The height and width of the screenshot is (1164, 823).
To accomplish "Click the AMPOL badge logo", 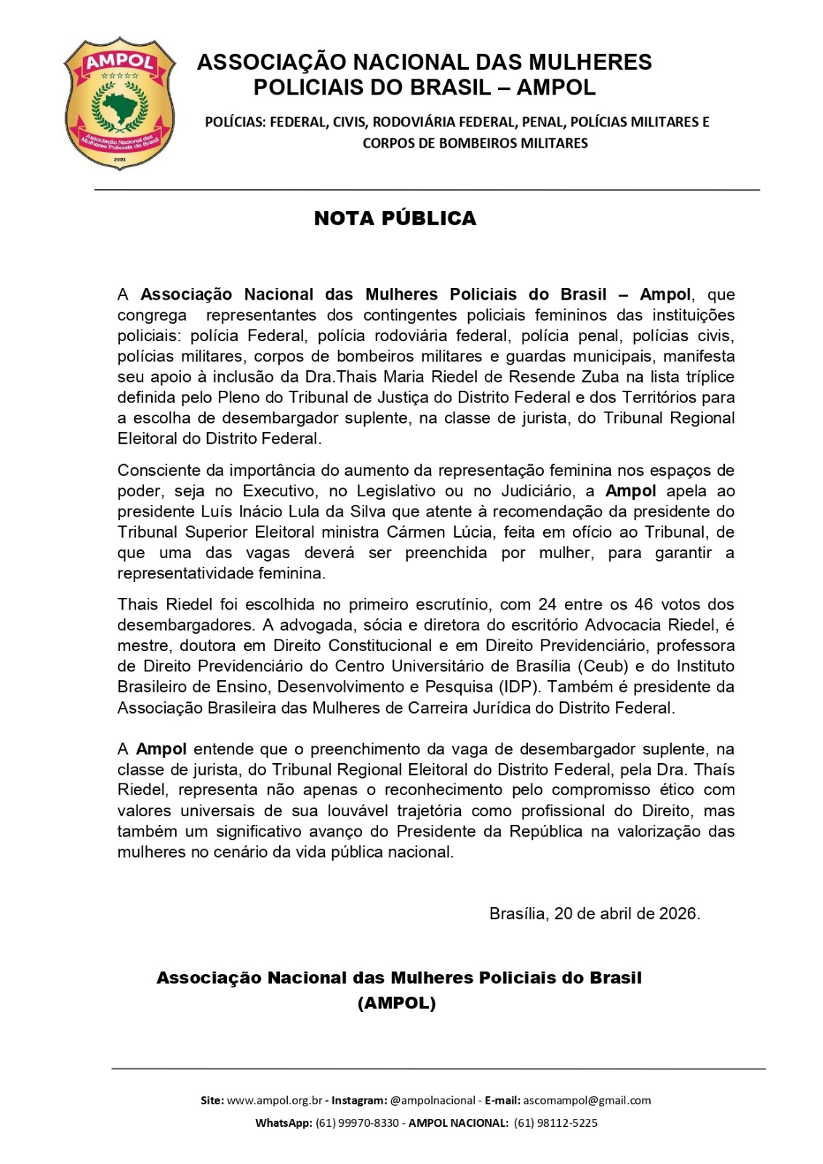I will click(x=119, y=103).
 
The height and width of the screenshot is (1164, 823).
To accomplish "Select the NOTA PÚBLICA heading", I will click(x=395, y=218).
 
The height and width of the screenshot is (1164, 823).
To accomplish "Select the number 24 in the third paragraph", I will click(x=547, y=605).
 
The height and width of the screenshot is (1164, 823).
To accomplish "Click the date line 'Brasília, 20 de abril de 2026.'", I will click(x=594, y=914).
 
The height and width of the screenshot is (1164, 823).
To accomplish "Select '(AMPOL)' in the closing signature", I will click(x=396, y=1003).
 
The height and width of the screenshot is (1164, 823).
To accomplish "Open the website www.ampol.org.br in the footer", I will click(x=274, y=1101).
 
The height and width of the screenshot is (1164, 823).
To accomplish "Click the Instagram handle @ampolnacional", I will click(x=433, y=1101).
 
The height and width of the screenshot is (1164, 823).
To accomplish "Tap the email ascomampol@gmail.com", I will click(x=587, y=1101).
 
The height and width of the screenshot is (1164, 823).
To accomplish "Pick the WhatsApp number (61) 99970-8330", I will click(x=357, y=1123).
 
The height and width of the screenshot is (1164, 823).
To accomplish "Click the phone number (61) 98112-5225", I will click(x=555, y=1123).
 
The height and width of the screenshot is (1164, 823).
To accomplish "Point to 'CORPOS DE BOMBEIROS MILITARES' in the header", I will click(x=475, y=143).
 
